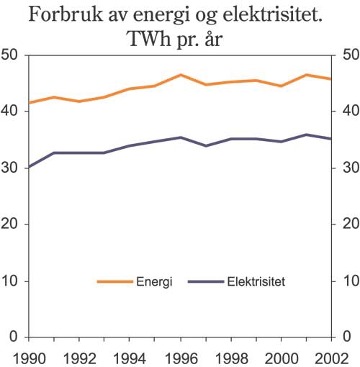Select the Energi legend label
click(x=153, y=282)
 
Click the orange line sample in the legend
click(x=114, y=282)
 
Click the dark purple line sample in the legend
click(x=206, y=282)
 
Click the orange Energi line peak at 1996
click(x=180, y=75)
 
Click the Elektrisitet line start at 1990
click(x=28, y=167)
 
